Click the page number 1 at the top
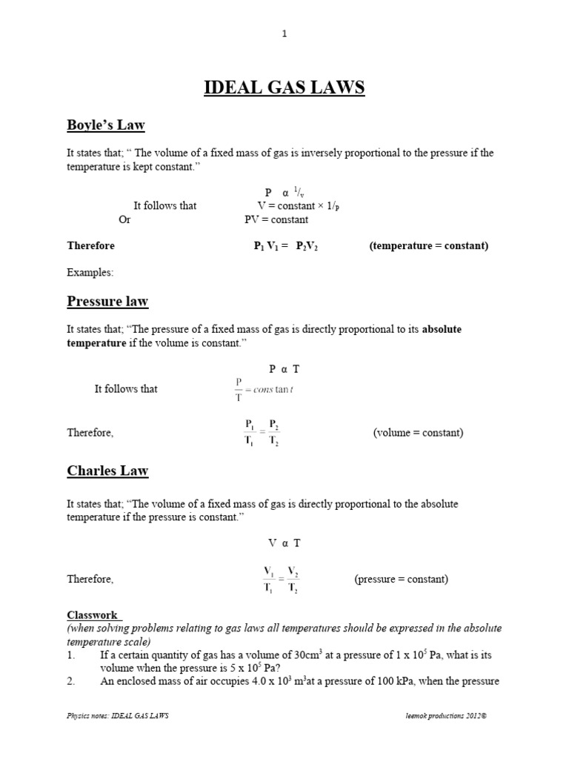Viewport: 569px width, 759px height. point(284,33)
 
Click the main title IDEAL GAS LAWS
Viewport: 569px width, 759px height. point(284,88)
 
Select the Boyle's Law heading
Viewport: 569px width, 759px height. point(110,125)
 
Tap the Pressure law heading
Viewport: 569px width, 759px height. point(107,301)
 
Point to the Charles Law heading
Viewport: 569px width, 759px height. point(107,471)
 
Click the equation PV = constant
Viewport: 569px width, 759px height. point(276,219)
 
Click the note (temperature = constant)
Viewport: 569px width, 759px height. point(428,245)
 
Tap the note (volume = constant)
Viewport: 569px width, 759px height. point(418,432)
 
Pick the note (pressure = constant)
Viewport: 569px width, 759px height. point(401,579)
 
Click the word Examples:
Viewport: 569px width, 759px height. point(90,272)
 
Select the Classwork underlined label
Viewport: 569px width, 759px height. point(93,614)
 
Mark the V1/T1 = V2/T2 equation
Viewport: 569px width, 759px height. point(281,579)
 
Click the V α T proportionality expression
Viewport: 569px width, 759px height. point(284,543)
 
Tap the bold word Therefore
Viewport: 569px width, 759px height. point(91,245)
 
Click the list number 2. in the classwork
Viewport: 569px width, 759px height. point(72,681)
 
